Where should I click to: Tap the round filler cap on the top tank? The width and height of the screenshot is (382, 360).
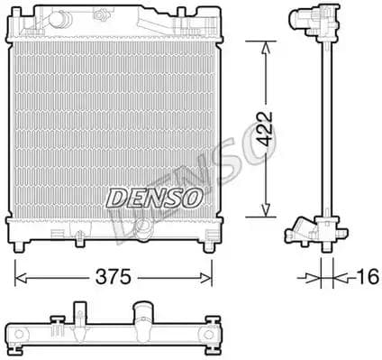point(59,19)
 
